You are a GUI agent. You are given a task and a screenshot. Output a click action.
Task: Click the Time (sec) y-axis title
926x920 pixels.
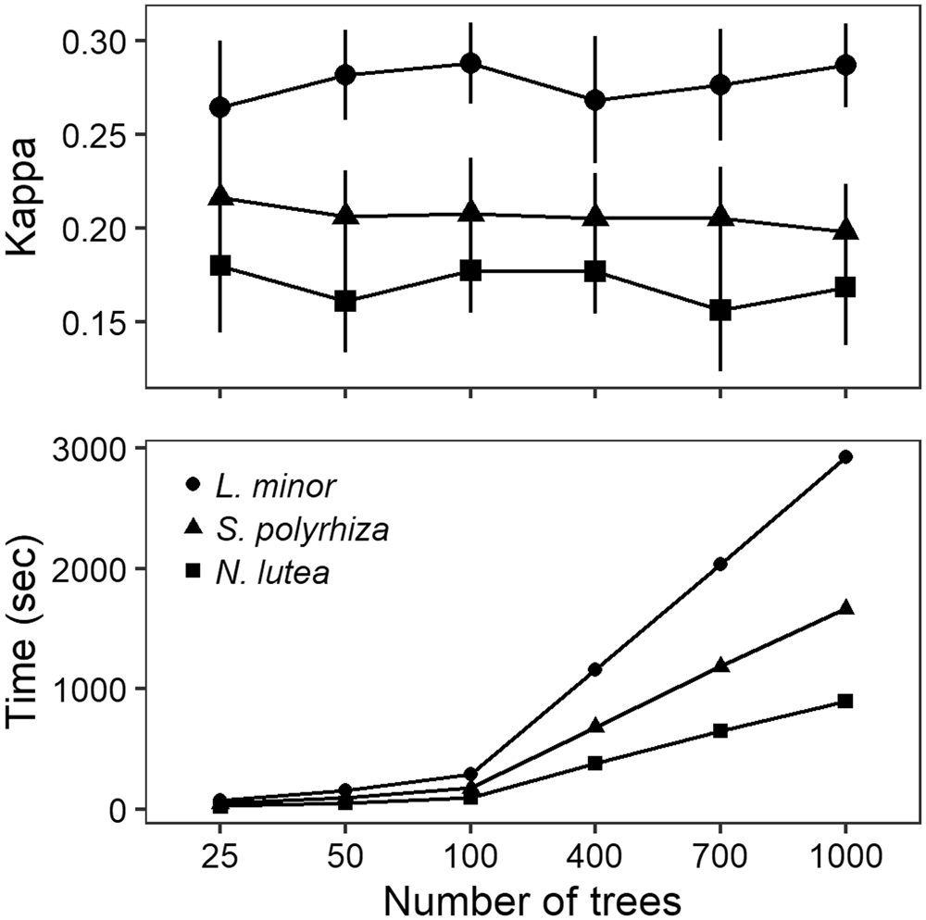(x=27, y=629)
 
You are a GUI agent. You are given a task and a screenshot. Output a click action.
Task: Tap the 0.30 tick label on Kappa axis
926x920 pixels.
(x=97, y=42)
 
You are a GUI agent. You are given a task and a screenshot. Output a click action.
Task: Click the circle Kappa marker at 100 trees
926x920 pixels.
(x=470, y=63)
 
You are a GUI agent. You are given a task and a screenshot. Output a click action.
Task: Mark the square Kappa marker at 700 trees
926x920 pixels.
(x=720, y=311)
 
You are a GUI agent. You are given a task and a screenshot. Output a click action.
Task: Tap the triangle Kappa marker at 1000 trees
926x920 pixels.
(x=845, y=230)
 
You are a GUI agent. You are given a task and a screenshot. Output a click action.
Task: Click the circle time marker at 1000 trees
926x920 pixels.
(x=845, y=456)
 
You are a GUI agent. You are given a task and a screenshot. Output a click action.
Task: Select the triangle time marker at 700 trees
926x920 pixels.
(x=720, y=665)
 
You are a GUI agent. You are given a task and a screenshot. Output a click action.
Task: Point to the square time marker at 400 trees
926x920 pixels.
(x=594, y=763)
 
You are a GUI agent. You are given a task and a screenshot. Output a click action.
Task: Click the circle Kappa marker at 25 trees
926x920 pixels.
(x=219, y=107)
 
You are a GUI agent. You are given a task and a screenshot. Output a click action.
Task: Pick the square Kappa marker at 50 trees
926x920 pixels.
(x=345, y=301)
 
